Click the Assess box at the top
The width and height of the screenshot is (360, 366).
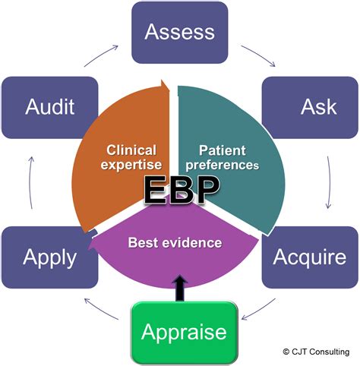coord(179,32)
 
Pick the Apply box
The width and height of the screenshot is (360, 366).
coord(50,256)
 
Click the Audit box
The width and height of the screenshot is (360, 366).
coord(50,106)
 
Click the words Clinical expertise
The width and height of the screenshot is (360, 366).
coord(131,157)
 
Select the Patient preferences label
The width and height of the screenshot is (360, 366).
coord(228,156)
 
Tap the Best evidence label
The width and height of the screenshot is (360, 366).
coord(175,243)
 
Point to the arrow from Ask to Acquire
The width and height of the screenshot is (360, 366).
coord(329,182)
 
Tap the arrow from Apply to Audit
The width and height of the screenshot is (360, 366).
coord(31,182)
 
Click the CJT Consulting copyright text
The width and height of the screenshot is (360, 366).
coord(318,352)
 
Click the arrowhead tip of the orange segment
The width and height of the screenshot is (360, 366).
coord(164,83)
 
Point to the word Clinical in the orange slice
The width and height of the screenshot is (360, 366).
coord(131,150)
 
